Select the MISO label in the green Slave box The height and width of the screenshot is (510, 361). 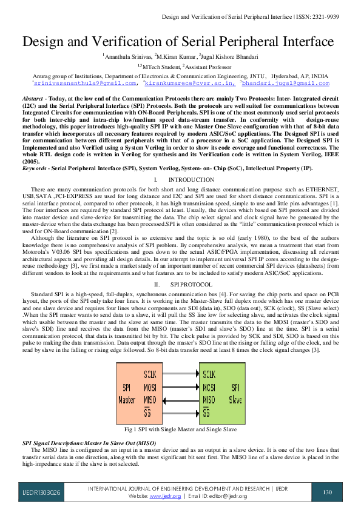click(209, 400)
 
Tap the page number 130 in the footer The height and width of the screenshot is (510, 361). click(328, 492)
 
